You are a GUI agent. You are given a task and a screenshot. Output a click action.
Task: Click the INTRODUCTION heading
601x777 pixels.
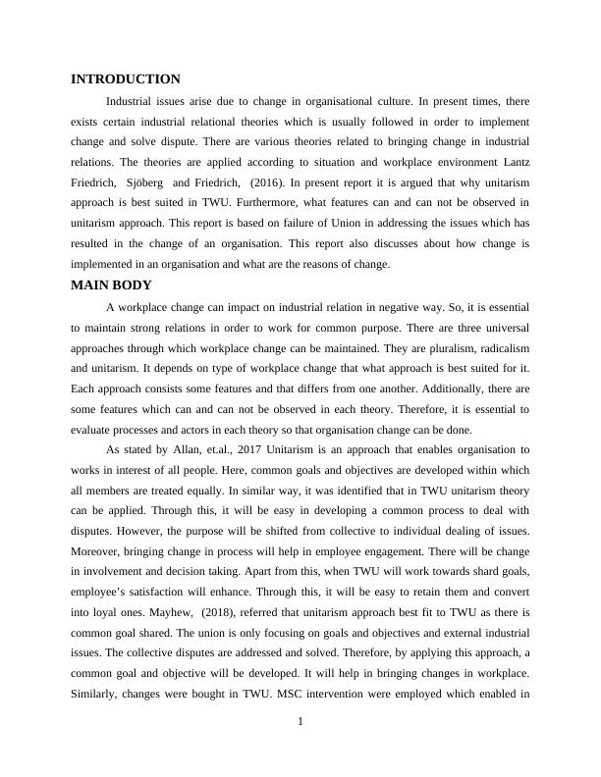(126, 79)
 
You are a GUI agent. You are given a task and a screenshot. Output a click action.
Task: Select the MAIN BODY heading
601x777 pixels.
(111, 285)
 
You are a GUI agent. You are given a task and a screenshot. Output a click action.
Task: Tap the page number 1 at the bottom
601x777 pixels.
(300, 723)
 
